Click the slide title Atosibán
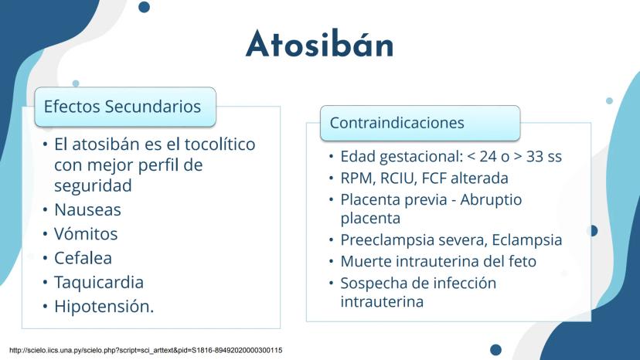click(319, 44)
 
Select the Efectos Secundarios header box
click(125, 107)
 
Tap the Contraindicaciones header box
click(420, 123)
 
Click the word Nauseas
click(88, 210)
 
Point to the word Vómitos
click(86, 233)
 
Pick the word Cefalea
click(83, 258)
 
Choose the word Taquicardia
click(99, 283)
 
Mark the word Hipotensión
click(104, 307)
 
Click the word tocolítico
click(220, 144)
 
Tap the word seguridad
click(93, 185)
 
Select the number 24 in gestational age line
click(489, 156)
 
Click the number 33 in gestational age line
click(535, 156)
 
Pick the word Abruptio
click(491, 200)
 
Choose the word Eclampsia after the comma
click(527, 240)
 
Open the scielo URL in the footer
click(146, 350)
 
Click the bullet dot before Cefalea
click(46, 258)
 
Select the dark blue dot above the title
click(144, 7)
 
